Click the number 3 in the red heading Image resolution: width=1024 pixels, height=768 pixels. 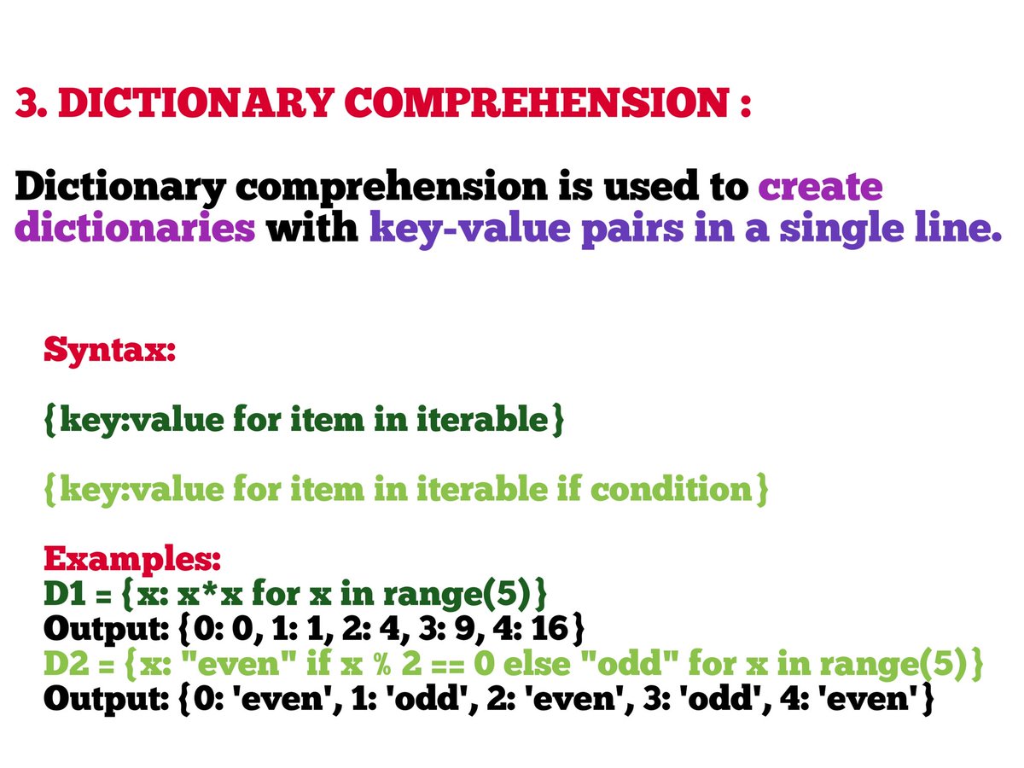tap(27, 104)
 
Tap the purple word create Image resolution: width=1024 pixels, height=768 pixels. tap(820, 187)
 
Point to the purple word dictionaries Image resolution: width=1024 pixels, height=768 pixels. tap(136, 230)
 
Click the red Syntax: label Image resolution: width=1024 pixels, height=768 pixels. tap(109, 350)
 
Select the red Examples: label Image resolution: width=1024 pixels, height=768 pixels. tap(132, 560)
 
